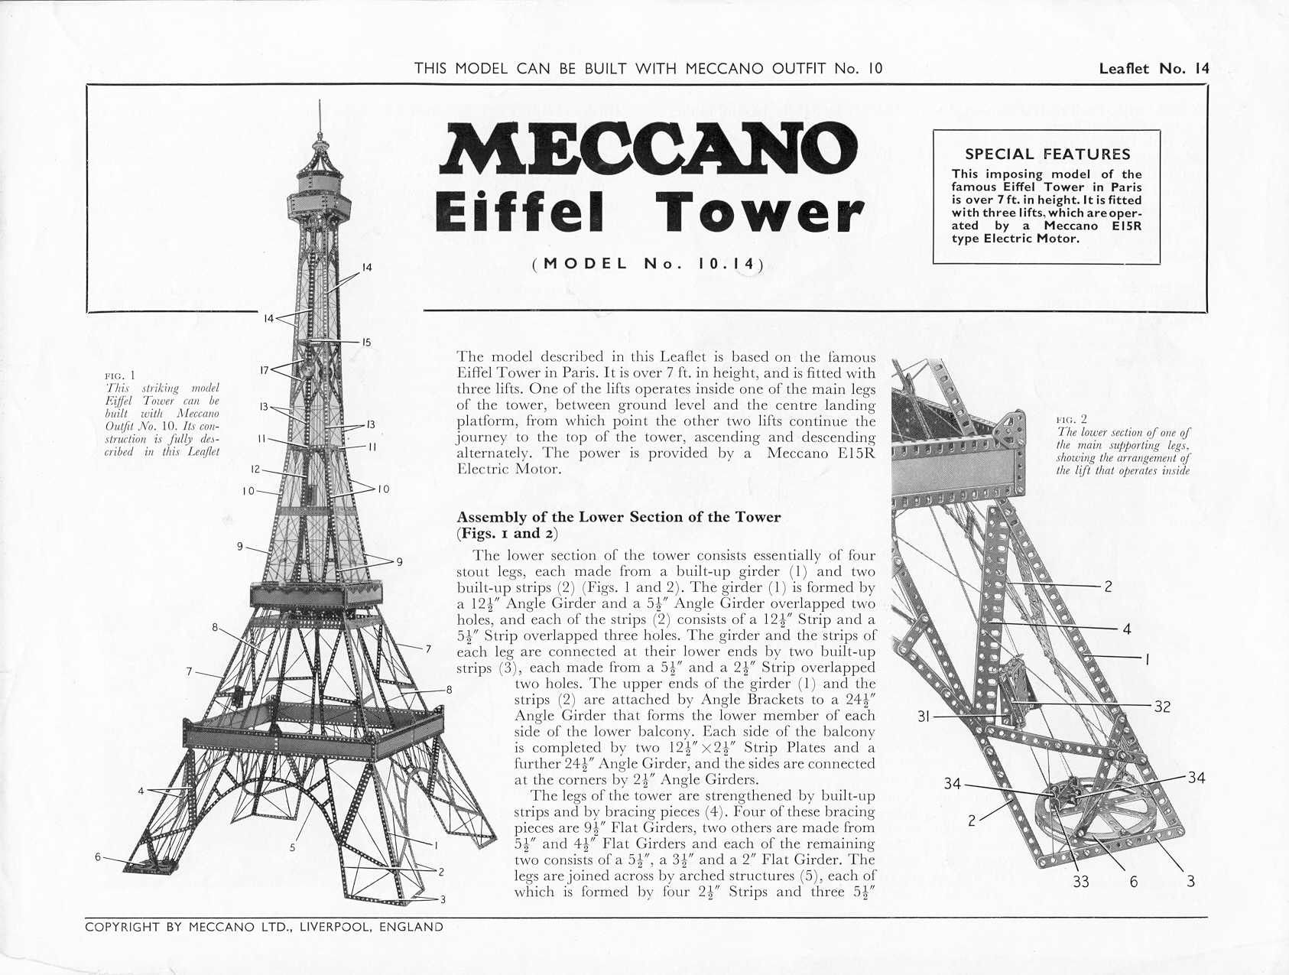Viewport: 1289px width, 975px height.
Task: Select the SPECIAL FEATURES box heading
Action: pyautogui.click(x=1047, y=154)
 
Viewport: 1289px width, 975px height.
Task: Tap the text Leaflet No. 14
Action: pyautogui.click(x=1154, y=68)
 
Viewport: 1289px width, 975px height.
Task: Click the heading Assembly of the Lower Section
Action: pyautogui.click(x=618, y=517)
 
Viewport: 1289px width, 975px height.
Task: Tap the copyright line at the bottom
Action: pyautogui.click(x=264, y=927)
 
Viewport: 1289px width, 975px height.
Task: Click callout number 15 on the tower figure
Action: pyautogui.click(x=366, y=343)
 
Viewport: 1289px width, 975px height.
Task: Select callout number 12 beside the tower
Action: pyautogui.click(x=255, y=470)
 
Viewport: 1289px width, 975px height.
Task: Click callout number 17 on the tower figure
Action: pyautogui.click(x=264, y=371)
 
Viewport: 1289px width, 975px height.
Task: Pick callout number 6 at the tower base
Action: pyautogui.click(x=98, y=856)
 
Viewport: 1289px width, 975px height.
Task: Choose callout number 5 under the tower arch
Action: pyautogui.click(x=292, y=847)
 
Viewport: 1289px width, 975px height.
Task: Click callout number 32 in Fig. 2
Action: pyautogui.click(x=1161, y=707)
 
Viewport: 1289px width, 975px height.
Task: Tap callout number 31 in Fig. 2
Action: pyautogui.click(x=924, y=717)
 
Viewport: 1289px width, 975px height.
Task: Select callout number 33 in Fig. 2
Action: pyautogui.click(x=1080, y=882)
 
